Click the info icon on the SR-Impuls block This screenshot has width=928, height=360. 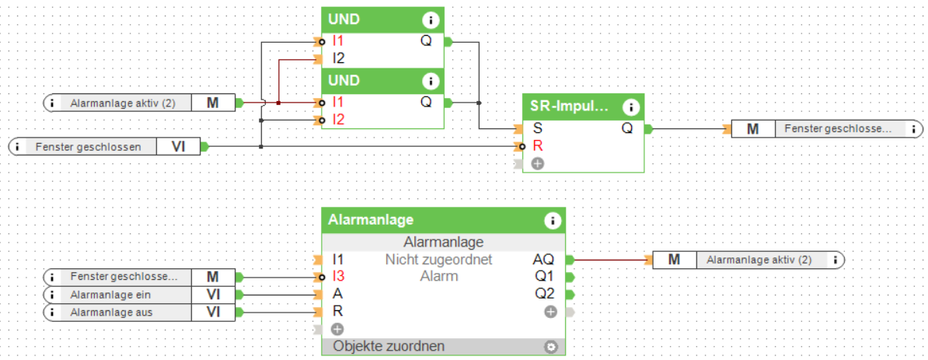[x=631, y=107]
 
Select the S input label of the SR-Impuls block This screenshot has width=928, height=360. [x=538, y=128]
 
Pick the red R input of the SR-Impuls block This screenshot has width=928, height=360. [x=538, y=145]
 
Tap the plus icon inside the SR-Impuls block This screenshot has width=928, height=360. [x=538, y=163]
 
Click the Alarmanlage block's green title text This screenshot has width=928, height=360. [x=371, y=220]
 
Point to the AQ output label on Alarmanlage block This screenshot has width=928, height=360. [x=543, y=260]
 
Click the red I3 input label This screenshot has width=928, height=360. [x=338, y=276]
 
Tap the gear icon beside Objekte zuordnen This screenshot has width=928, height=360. [x=551, y=347]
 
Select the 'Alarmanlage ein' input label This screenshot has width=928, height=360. [x=110, y=295]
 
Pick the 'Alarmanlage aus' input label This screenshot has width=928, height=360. [x=110, y=313]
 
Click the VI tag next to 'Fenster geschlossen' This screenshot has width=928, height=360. [x=178, y=145]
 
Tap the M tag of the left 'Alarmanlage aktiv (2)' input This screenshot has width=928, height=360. [x=212, y=102]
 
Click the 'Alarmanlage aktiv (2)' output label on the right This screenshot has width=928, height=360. [x=759, y=260]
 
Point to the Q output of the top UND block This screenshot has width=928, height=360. [x=426, y=40]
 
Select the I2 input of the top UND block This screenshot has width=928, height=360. [x=339, y=58]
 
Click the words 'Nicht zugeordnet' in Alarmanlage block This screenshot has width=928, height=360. [x=438, y=260]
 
